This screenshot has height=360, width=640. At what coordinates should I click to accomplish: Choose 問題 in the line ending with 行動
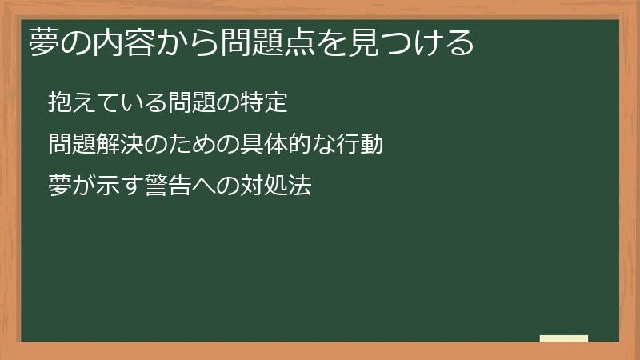(72, 145)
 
